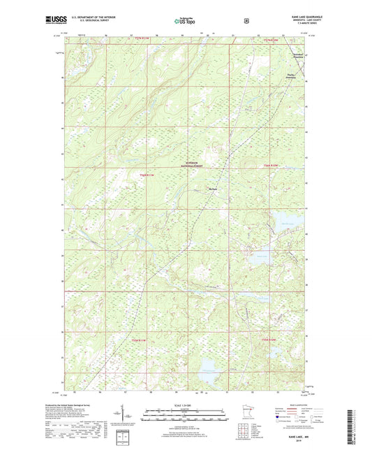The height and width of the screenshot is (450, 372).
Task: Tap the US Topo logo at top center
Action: coord(185,21)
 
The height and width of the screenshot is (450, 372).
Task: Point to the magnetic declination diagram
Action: coord(131,418)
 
